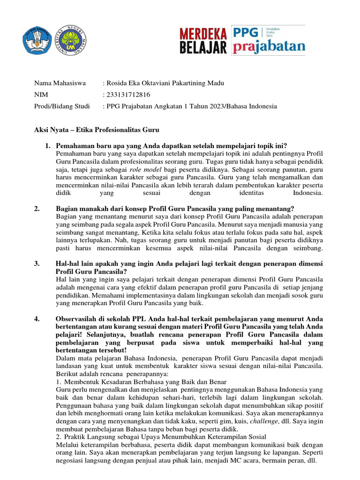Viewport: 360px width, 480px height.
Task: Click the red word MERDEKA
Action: [x=204, y=33]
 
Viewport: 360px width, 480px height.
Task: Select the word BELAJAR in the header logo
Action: [x=204, y=47]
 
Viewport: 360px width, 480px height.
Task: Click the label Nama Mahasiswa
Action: [x=60, y=83]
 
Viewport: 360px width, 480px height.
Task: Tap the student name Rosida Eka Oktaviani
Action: [x=141, y=83]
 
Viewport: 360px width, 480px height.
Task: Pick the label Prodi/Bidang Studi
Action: [x=62, y=106]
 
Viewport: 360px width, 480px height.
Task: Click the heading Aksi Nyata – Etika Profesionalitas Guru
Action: [x=97, y=129]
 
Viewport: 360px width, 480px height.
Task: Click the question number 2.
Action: [x=37, y=209]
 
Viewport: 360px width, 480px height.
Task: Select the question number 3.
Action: [x=37, y=263]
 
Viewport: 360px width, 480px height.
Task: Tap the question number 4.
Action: [x=37, y=319]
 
